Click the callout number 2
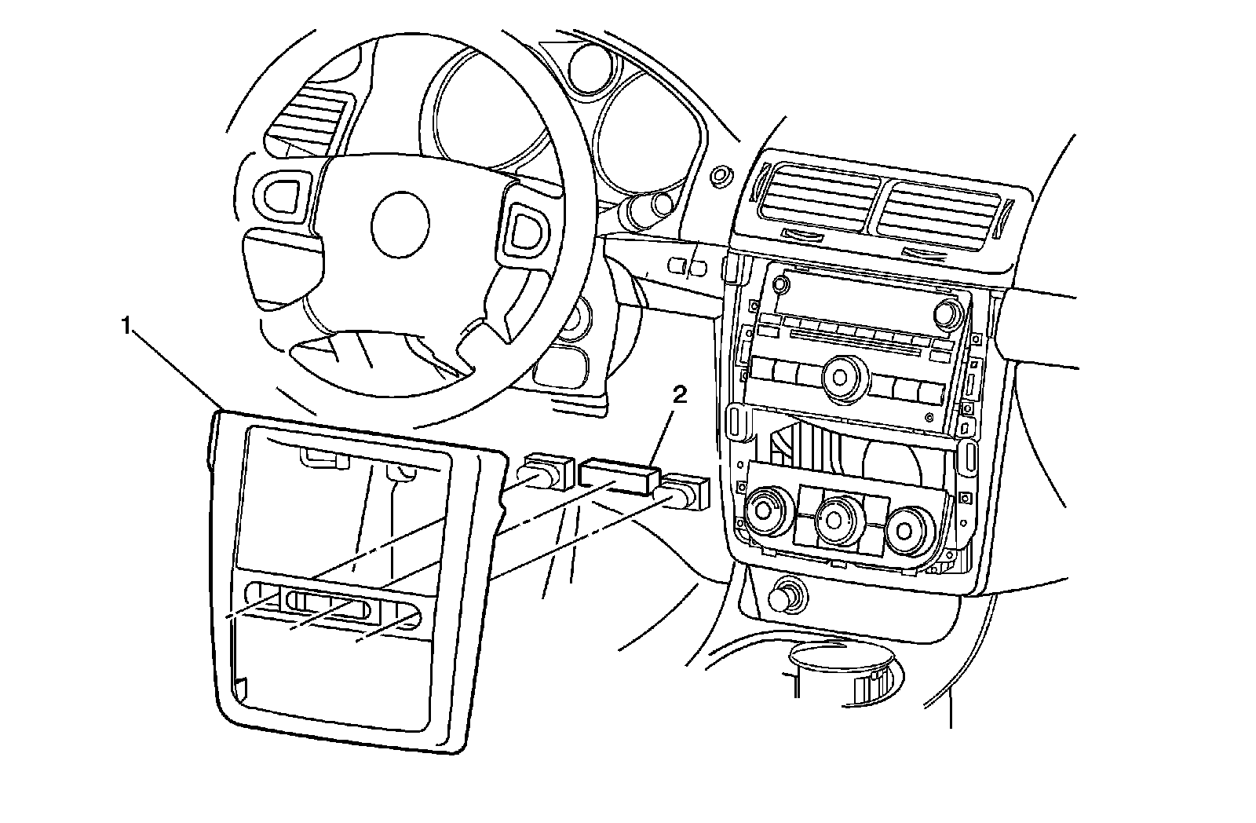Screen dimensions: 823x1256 [x=679, y=393]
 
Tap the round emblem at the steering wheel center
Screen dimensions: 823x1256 [x=400, y=224]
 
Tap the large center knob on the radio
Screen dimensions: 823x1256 [x=841, y=376]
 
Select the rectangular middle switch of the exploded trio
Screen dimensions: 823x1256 [x=617, y=476]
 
